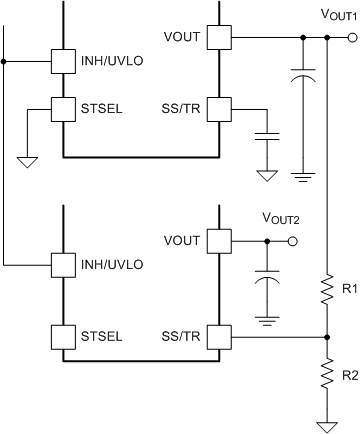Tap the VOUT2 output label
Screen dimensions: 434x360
[281, 218]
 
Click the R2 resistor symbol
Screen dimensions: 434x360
[329, 374]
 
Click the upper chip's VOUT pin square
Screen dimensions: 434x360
[219, 38]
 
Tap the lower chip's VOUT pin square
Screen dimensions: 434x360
[219, 242]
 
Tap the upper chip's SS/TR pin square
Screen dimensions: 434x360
[219, 106]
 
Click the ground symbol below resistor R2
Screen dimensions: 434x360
[329, 422]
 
